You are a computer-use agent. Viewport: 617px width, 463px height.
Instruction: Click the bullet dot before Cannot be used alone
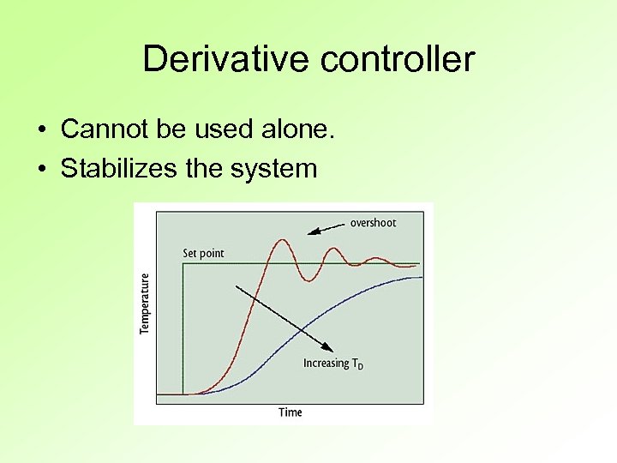(42, 130)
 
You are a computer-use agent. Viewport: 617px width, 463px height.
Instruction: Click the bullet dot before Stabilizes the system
(42, 169)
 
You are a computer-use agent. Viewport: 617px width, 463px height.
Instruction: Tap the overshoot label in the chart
(373, 223)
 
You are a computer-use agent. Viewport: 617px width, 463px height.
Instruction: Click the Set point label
(203, 254)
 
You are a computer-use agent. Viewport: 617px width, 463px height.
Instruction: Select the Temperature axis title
(145, 304)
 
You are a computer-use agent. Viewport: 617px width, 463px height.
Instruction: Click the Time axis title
(291, 412)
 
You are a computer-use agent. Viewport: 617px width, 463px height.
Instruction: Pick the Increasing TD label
(333, 364)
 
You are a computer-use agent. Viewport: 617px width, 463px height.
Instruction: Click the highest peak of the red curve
(280, 240)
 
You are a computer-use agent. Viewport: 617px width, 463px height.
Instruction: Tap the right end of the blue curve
(422, 277)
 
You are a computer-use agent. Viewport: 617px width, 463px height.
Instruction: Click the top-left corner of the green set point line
(183, 263)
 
